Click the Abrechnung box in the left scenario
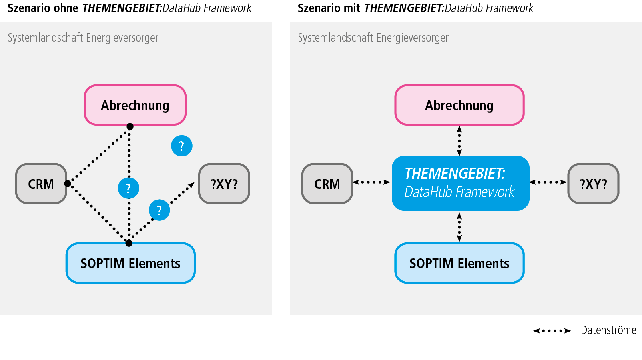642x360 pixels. [x=135, y=105]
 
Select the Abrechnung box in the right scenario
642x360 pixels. [x=459, y=105]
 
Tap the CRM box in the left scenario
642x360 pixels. [x=41, y=184]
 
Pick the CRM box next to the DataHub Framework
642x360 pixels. [x=327, y=184]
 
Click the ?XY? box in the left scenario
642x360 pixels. [x=224, y=184]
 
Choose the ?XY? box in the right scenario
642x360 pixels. [x=593, y=184]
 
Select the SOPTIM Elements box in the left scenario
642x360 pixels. [x=130, y=263]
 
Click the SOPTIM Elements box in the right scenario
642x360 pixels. [x=459, y=263]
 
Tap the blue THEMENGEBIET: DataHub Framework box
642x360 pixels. [x=461, y=183]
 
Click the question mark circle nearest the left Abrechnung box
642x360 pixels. [x=182, y=146]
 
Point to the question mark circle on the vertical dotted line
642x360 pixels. [x=128, y=188]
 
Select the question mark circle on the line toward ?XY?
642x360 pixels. [x=159, y=210]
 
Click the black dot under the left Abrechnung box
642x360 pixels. [x=130, y=126]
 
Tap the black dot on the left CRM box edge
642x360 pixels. [x=68, y=184]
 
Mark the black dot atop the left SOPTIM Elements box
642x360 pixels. [x=129, y=243]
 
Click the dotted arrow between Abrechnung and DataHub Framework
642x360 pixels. [x=459, y=140]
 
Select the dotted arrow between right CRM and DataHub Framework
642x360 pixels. [x=371, y=182]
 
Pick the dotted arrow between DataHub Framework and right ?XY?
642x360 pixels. [x=548, y=182]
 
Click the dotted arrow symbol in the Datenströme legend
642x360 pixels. [x=552, y=331]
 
